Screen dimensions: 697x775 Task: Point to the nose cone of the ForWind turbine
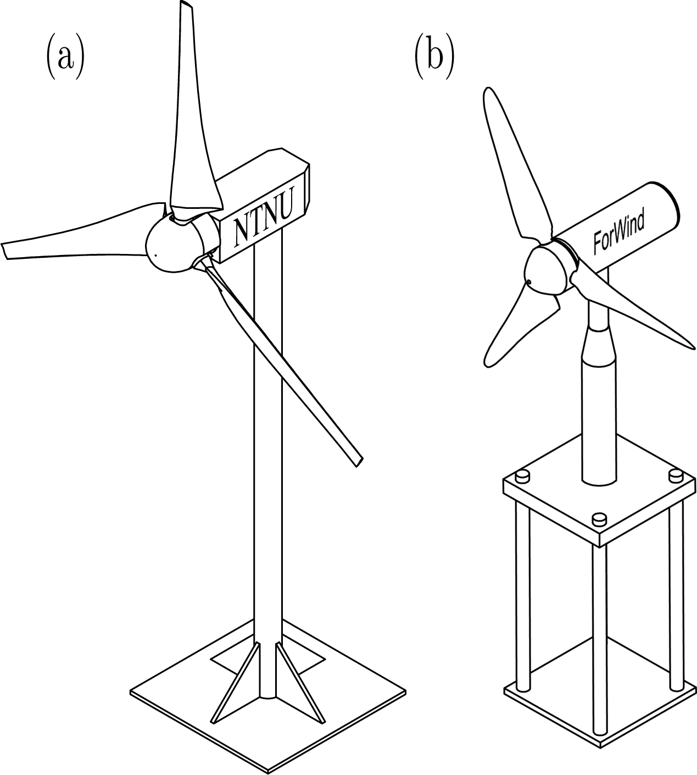coord(544,270)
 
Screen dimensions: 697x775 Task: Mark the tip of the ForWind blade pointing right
coord(694,348)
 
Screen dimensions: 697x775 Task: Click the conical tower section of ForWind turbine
coord(598,345)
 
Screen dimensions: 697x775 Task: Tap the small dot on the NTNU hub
coord(155,254)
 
